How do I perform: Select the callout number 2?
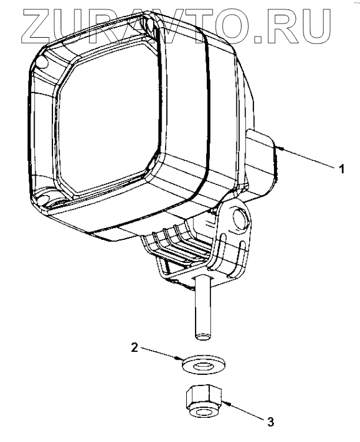click(134, 348)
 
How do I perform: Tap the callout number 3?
click(270, 421)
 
